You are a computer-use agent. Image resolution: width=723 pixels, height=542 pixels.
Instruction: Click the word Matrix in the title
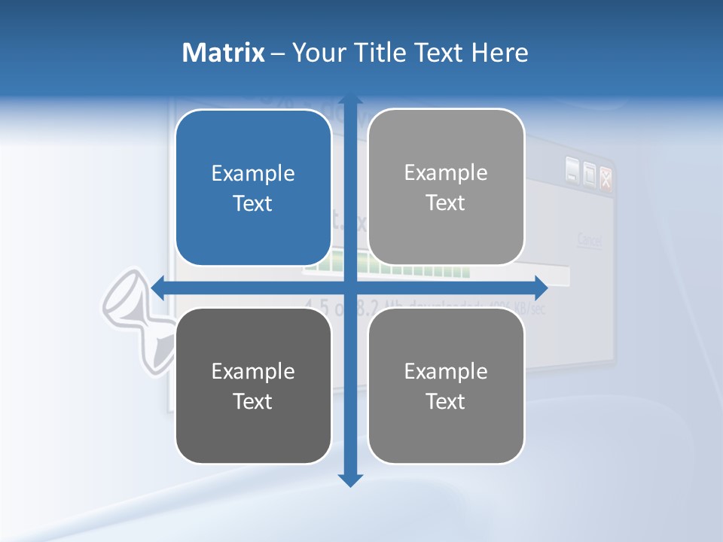coord(223,53)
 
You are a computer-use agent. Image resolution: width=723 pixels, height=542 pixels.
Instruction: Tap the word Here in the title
coord(499,53)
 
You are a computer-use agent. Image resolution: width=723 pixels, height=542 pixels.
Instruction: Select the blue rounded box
coord(253,187)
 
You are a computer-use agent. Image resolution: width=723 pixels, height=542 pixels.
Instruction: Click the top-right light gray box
coord(446,187)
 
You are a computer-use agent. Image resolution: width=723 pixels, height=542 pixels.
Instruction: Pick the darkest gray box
coord(253,385)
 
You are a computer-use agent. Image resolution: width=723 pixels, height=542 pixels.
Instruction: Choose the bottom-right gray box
coord(446,385)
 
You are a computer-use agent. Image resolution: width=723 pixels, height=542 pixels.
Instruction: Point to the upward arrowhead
coord(350,100)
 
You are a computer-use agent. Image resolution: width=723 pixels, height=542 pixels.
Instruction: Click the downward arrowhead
coord(350,479)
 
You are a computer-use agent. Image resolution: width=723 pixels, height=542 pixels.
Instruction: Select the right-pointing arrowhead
coord(541,287)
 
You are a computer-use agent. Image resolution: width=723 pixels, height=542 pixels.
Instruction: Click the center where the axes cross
coord(350,287)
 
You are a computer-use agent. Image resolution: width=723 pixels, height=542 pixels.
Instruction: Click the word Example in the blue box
coord(253,173)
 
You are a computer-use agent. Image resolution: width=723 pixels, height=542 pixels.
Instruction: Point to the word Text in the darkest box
coord(253,401)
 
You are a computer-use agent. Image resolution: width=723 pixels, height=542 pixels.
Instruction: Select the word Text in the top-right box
coord(446,202)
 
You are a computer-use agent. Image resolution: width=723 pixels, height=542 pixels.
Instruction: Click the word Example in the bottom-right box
coord(446,371)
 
